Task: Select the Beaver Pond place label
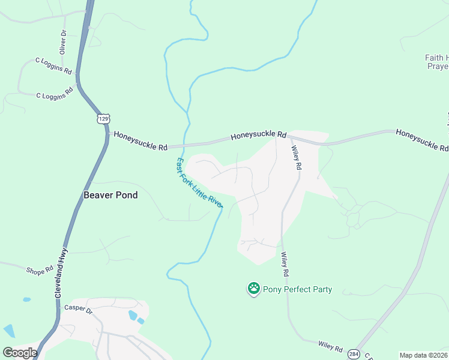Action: click(x=110, y=195)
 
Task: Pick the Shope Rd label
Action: click(x=40, y=271)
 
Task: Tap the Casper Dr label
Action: click(x=78, y=310)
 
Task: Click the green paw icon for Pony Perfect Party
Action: click(x=253, y=289)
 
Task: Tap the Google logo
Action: click(x=20, y=353)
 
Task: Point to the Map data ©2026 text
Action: click(x=423, y=355)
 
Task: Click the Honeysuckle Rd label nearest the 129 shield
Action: click(x=140, y=141)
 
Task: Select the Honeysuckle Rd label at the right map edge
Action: click(x=422, y=139)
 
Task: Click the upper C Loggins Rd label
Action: click(x=53, y=65)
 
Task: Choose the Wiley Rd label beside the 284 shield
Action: click(x=330, y=347)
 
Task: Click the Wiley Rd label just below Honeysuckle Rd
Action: click(x=295, y=158)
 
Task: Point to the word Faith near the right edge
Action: click(x=434, y=58)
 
